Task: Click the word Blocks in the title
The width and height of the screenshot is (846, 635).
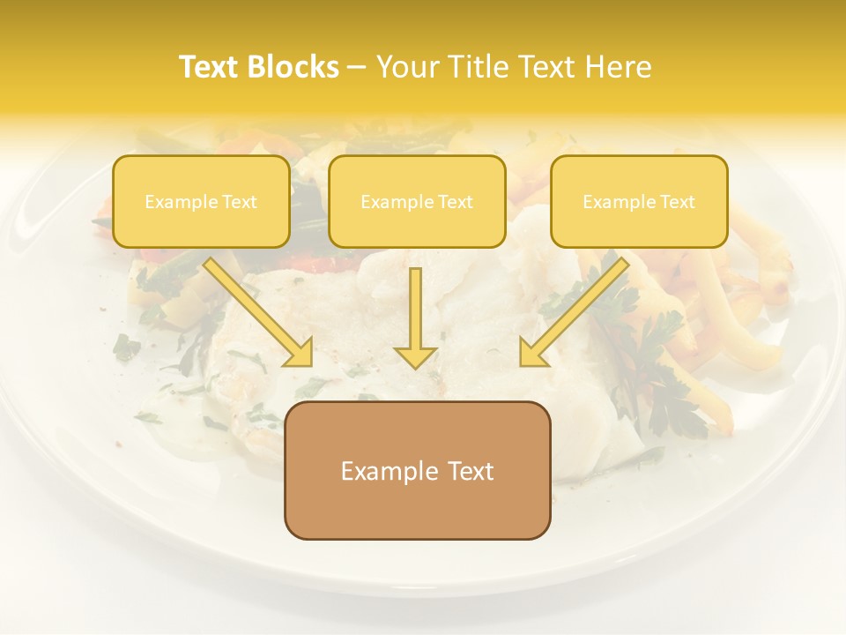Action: (x=294, y=67)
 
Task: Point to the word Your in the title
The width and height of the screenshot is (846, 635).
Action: (x=409, y=67)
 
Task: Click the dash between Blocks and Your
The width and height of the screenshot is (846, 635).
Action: (x=357, y=67)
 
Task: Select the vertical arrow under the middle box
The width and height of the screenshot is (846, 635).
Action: (x=416, y=313)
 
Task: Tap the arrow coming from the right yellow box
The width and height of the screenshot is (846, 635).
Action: (x=574, y=313)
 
